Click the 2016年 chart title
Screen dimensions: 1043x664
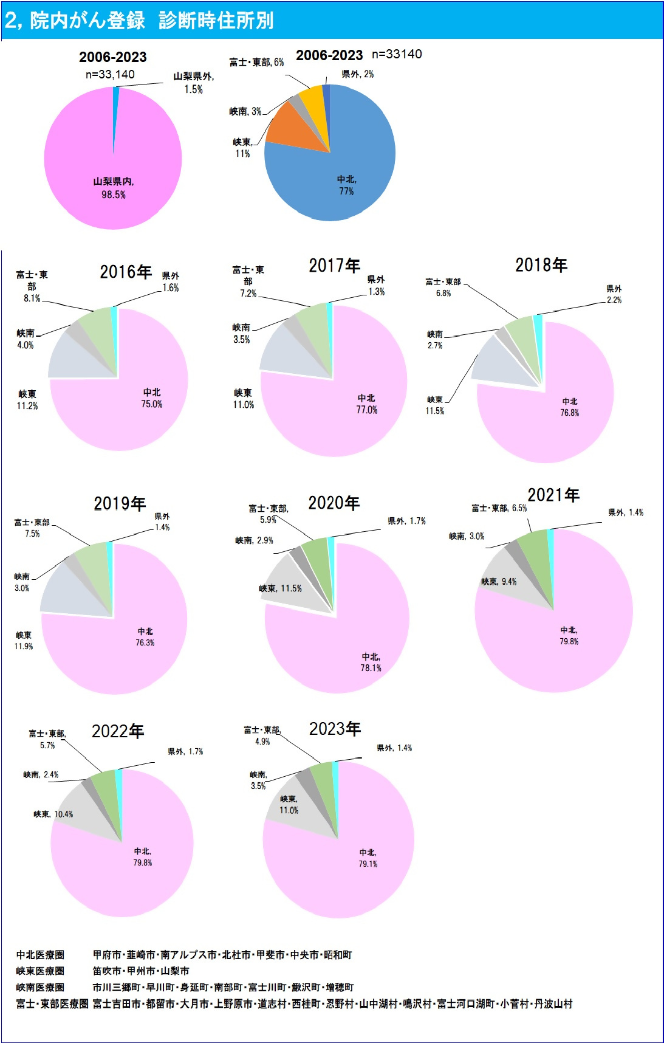126,272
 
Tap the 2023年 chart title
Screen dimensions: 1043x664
335,729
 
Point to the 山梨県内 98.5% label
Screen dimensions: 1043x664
114,188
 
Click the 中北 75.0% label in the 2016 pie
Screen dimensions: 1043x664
152,398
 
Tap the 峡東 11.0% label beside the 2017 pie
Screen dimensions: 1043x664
243,399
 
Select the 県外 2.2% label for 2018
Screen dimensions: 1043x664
614,294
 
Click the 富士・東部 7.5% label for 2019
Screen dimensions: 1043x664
32,528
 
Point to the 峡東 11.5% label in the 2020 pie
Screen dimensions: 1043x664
280,588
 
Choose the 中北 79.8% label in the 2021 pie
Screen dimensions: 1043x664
569,636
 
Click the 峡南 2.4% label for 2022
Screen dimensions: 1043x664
41,774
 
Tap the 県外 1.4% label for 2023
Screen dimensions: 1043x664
394,748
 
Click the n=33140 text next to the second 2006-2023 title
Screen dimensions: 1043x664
397,54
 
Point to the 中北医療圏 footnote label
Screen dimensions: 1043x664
40,955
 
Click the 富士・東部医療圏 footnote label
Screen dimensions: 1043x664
52,1003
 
